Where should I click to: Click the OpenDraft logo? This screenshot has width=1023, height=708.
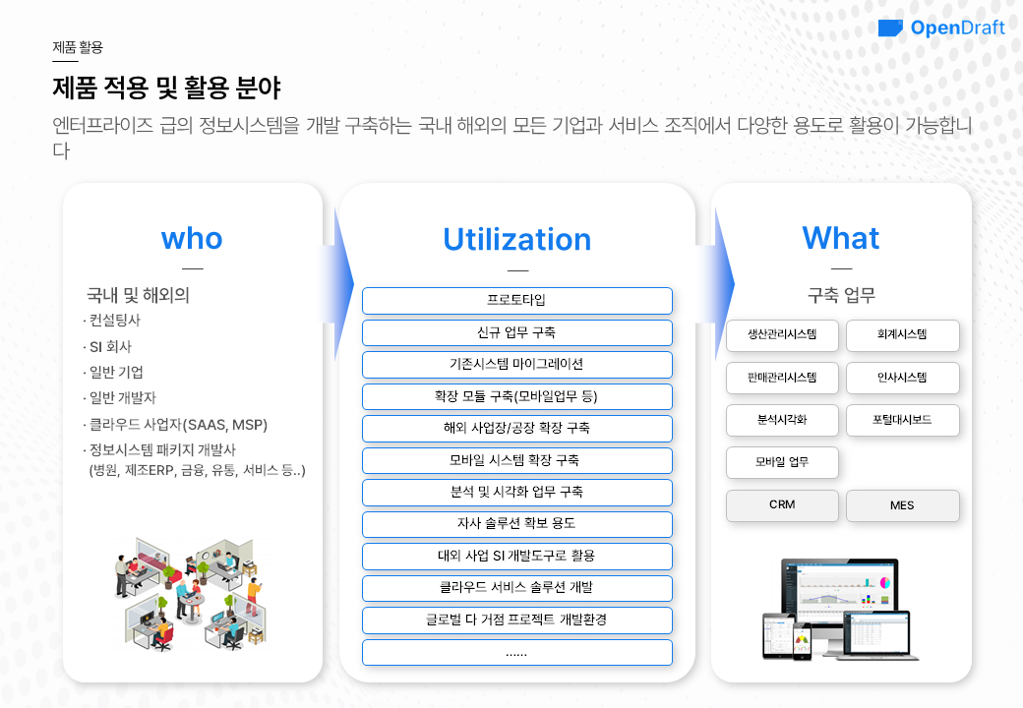(940, 29)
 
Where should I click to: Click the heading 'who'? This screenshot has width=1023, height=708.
(192, 239)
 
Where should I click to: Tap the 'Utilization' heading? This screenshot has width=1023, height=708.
(516, 239)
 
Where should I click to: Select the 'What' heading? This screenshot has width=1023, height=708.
(840, 238)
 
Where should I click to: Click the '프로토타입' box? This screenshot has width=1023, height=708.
(516, 301)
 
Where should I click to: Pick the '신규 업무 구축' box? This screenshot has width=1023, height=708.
(516, 332)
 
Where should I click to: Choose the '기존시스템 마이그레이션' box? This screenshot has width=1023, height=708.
(516, 365)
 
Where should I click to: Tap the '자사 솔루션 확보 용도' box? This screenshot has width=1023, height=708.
(516, 524)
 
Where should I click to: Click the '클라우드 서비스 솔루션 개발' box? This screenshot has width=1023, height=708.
(516, 588)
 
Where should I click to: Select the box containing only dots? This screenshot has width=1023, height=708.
(516, 652)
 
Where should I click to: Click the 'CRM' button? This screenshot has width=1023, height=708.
(782, 505)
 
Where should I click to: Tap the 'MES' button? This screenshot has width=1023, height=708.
(902, 505)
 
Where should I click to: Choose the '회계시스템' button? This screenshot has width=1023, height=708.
(902, 335)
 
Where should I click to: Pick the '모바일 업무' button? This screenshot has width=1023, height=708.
(782, 462)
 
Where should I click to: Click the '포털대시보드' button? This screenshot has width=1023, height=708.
(902, 421)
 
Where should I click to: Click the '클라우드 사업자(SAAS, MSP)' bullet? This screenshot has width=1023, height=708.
(175, 425)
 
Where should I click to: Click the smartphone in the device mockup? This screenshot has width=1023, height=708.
(802, 641)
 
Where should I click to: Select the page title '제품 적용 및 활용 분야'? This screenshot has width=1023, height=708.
(166, 88)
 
